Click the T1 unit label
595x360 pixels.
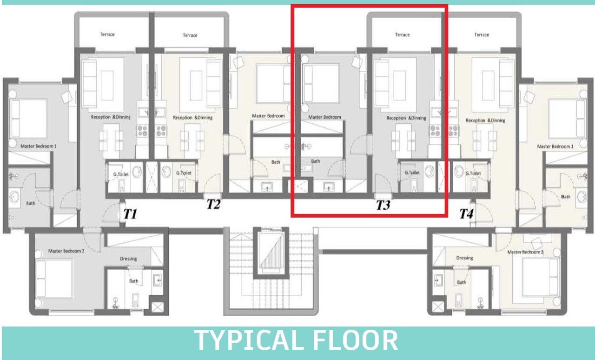point(130,214)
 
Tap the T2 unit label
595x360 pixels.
point(213,204)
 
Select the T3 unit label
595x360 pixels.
point(383,205)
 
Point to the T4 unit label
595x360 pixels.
point(466,213)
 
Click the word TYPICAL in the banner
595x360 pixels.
point(248,340)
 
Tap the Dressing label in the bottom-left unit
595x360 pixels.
point(128,259)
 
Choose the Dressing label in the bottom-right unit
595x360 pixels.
point(464,258)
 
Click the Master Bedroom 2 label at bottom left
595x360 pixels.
point(66,251)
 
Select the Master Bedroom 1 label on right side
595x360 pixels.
point(555,147)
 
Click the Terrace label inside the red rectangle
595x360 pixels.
point(402,35)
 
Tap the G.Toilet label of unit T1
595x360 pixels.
point(121,174)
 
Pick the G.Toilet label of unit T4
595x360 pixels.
point(473,173)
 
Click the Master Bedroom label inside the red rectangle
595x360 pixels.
point(324,117)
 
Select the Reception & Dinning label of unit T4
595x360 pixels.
point(486,120)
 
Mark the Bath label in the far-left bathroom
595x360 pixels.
point(31,203)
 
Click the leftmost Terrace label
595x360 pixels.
point(107,34)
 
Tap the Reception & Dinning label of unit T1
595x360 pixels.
point(111,117)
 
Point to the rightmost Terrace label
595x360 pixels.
point(482,35)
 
